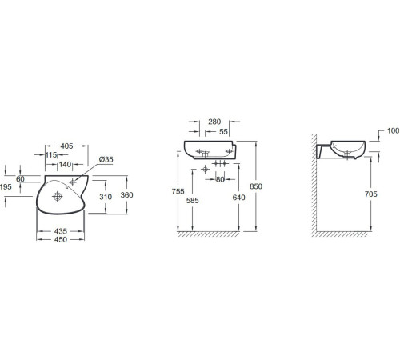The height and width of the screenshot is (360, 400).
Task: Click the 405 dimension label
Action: pos(66,146)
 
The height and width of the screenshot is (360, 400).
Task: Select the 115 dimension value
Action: pos(51,154)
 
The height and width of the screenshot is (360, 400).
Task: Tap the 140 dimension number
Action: pos(65,164)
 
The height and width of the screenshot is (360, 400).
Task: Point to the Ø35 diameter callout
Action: pos(106,159)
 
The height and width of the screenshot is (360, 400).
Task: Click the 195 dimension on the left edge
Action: pos(6,186)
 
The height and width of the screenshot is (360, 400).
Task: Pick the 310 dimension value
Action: pos(106,197)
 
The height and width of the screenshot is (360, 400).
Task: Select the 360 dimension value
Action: pos(126,195)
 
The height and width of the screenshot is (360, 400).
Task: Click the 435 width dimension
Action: pos(61,231)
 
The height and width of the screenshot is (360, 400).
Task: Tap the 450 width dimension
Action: pos(61,239)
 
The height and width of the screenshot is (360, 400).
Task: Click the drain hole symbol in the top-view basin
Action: pos(58,197)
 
